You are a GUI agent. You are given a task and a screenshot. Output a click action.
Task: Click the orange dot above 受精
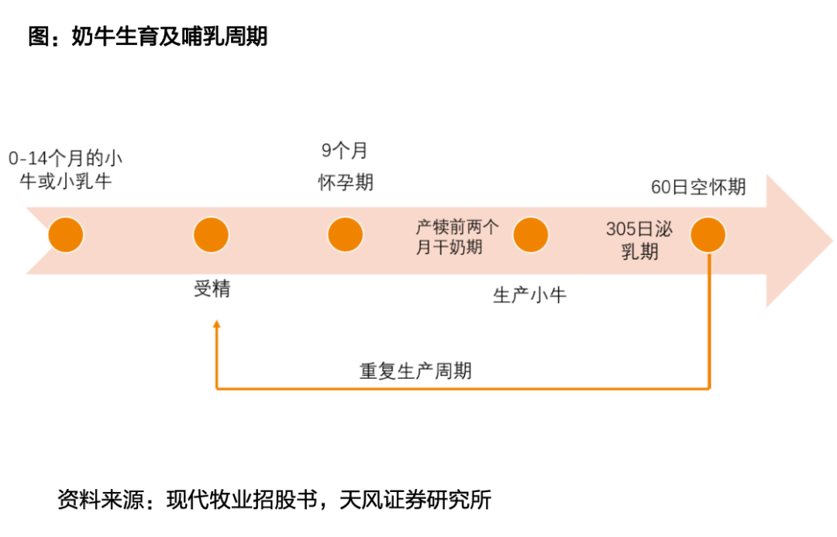point(211,235)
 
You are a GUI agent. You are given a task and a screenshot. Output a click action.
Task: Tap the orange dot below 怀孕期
point(345,235)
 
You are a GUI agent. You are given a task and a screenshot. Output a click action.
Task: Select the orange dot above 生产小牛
point(530,235)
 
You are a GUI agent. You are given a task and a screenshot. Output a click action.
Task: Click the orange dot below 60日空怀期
point(708,235)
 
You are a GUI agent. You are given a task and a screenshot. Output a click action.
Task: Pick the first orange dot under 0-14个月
point(65,235)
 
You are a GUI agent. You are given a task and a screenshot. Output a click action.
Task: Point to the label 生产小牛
point(529,295)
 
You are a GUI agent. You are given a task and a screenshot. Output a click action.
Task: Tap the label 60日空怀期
point(698,187)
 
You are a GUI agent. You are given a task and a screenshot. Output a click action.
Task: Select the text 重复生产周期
point(415,370)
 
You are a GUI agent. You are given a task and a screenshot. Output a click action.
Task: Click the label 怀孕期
point(346,182)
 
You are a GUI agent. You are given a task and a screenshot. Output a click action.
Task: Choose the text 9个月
point(345,150)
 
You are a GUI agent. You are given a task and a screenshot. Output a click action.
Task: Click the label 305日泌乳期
point(639,240)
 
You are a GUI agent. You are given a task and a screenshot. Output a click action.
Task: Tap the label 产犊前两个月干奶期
point(457,236)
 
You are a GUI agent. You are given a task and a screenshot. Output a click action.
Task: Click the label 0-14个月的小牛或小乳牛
point(65,170)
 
